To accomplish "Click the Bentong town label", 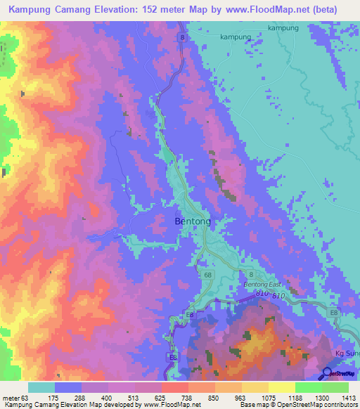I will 192,221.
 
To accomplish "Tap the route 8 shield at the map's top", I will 181,37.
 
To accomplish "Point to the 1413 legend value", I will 349,398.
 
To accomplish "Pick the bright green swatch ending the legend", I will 336,387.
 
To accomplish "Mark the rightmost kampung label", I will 283,28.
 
